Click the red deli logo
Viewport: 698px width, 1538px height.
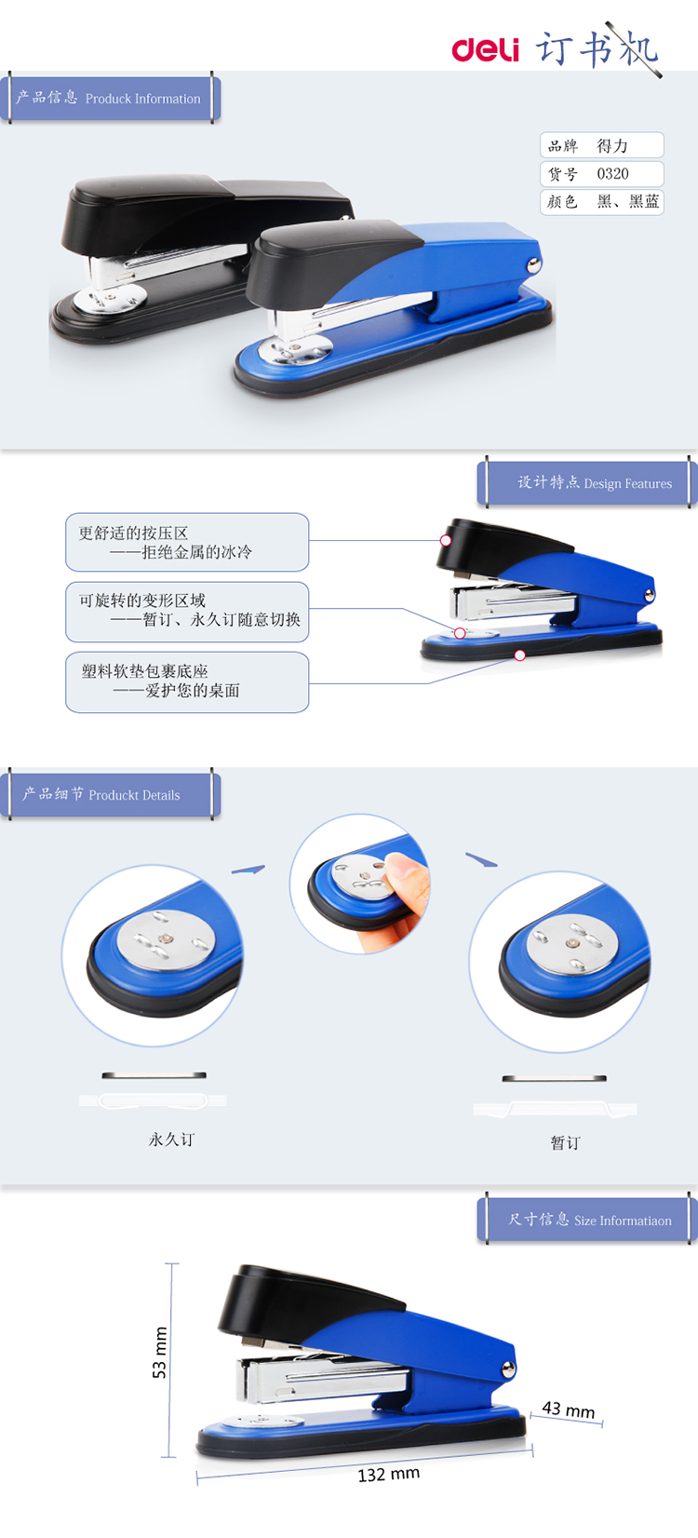(x=485, y=49)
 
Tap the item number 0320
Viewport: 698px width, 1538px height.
(x=612, y=174)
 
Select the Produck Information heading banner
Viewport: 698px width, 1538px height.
(x=111, y=98)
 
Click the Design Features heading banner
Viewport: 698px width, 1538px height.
(x=587, y=482)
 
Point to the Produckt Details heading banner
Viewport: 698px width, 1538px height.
(x=111, y=794)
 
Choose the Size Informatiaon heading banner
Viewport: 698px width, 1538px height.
(x=587, y=1221)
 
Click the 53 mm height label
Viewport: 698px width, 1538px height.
(x=159, y=1353)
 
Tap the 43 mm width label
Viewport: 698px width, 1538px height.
(x=569, y=1410)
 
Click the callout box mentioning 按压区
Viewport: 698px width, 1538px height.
(x=187, y=542)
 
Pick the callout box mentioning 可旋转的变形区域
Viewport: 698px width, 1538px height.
(x=187, y=612)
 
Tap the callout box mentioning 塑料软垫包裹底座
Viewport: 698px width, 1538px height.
(x=187, y=681)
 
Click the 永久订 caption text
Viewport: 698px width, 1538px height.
(x=171, y=1140)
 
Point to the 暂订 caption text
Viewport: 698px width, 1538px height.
(x=566, y=1142)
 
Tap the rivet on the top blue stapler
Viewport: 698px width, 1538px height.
(x=533, y=264)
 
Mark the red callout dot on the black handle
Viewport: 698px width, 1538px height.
(x=446, y=540)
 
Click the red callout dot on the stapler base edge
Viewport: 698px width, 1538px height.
(x=520, y=655)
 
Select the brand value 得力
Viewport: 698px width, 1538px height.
(x=612, y=145)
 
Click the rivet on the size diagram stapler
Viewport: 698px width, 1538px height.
(x=508, y=1369)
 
